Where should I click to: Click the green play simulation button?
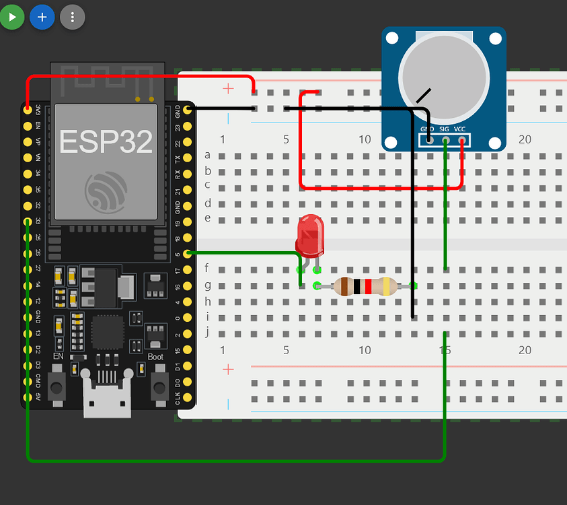[x=11, y=17]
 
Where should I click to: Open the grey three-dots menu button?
[x=73, y=17]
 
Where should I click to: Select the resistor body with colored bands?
[x=363, y=285]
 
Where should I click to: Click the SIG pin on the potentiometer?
[x=445, y=140]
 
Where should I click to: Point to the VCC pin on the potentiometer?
[x=461, y=140]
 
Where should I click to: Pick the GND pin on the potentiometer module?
[x=428, y=140]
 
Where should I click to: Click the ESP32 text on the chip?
[x=106, y=141]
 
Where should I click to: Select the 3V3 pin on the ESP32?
[x=28, y=109]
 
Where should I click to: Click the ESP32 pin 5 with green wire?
[x=188, y=253]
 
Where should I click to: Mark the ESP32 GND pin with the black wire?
[x=188, y=109]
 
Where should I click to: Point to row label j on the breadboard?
[x=207, y=331]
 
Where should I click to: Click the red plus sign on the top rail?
[x=229, y=88]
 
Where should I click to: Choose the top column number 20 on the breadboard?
[x=525, y=139]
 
